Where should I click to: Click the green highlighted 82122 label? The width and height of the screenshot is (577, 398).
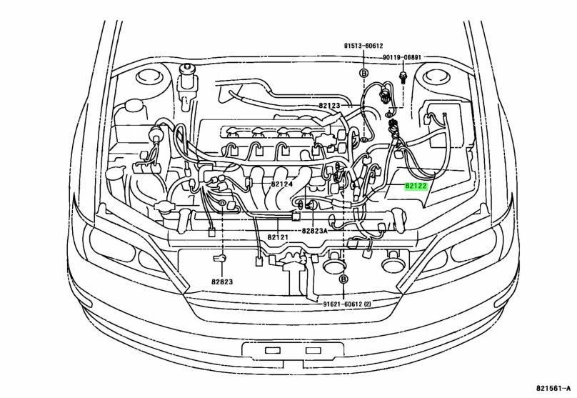click(416, 186)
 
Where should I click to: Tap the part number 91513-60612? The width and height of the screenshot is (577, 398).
click(363, 44)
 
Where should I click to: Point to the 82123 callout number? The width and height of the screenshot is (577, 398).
click(331, 106)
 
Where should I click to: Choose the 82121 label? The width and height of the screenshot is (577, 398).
click(278, 237)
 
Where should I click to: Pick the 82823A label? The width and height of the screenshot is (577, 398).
click(314, 231)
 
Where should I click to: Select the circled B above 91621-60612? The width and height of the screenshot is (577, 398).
click(343, 279)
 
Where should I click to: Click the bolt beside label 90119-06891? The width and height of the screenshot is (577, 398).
click(404, 76)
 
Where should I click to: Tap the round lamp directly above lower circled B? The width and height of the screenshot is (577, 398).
click(333, 266)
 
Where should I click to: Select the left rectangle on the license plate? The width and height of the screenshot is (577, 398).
click(272, 351)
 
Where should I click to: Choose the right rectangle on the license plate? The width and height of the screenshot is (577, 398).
click(313, 351)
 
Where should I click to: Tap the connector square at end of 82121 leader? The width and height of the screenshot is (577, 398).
click(295, 214)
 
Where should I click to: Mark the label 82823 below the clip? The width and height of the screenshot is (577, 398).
click(222, 282)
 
